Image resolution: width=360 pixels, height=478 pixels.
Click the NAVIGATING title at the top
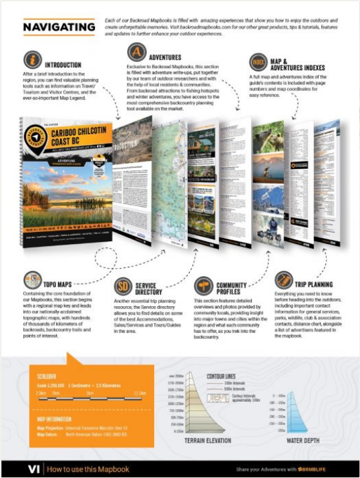tap(59, 27)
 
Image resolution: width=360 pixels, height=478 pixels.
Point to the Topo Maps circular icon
tap(31, 280)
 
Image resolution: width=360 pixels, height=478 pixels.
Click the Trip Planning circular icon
tap(284, 279)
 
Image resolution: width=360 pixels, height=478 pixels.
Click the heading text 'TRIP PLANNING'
tap(315, 283)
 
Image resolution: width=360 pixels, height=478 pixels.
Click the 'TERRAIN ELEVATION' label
tap(204, 441)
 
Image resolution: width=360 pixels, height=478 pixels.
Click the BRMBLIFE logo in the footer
tap(317, 469)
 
